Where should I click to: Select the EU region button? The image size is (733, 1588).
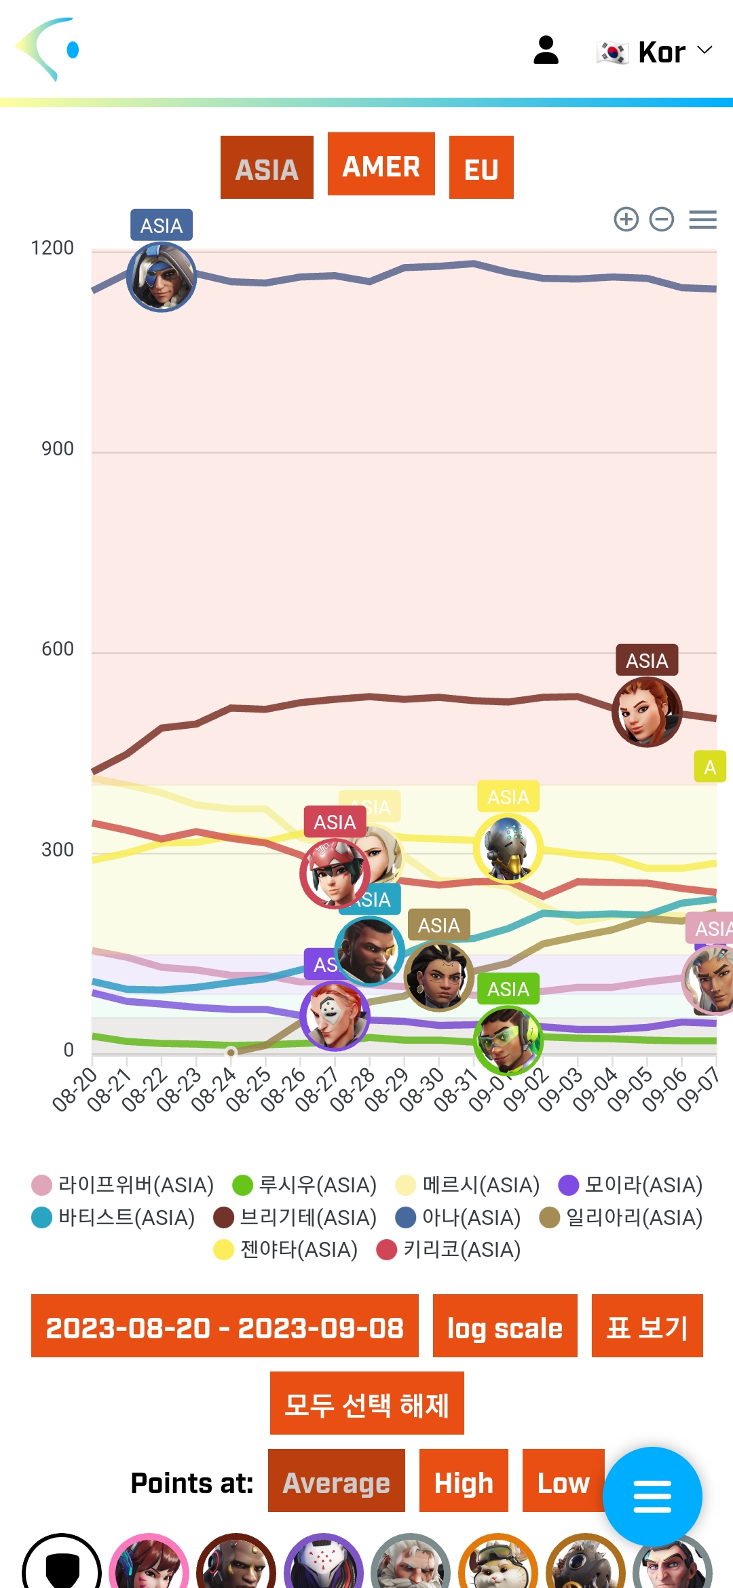[481, 168]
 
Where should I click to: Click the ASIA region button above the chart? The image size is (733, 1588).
[267, 168]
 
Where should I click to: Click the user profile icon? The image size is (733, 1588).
[546, 50]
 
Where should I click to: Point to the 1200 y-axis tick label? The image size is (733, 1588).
[52, 248]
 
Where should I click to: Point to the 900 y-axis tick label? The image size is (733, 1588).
[58, 449]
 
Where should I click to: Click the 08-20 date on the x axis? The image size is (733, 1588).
[75, 1089]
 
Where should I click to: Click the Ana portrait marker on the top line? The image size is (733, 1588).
[162, 277]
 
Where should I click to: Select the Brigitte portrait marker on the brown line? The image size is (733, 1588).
[647, 712]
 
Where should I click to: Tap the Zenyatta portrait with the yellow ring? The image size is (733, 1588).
[508, 848]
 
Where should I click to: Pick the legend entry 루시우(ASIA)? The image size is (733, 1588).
[305, 1185]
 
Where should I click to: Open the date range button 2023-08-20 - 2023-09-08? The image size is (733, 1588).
[225, 1326]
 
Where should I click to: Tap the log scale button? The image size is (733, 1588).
[505, 1326]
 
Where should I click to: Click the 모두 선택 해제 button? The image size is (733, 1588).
[366, 1403]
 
